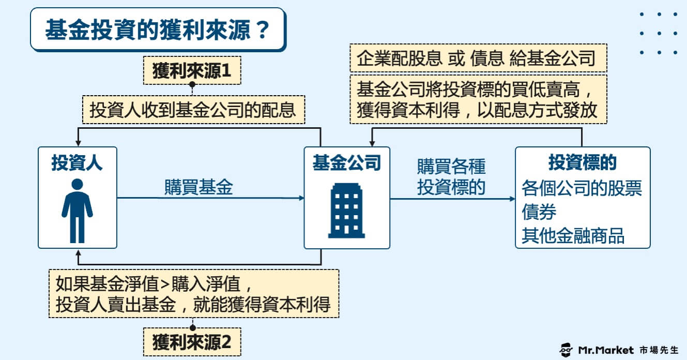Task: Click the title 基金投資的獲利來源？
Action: pyautogui.click(x=157, y=30)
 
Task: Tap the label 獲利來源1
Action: pyautogui.click(x=192, y=70)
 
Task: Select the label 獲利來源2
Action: pyautogui.click(x=192, y=342)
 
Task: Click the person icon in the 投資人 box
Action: pyautogui.click(x=78, y=211)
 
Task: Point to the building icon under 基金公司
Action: pyautogui.click(x=346, y=211)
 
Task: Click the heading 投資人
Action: pyautogui.click(x=77, y=162)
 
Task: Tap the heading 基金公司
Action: pyautogui.click(x=346, y=162)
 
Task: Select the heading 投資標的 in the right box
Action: pyautogui.click(x=583, y=162)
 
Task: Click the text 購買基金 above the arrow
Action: pyautogui.click(x=199, y=187)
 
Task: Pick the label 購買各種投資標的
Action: pyautogui.click(x=451, y=177)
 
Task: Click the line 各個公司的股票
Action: pyautogui.click(x=582, y=188)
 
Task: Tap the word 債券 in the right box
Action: pyautogui.click(x=539, y=212)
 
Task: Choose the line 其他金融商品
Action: pyautogui.click(x=573, y=236)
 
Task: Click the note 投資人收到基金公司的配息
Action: pyautogui.click(x=193, y=110)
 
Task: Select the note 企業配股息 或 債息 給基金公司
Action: pyautogui.click(x=476, y=58)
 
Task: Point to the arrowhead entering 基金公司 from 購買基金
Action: pyautogui.click(x=301, y=198)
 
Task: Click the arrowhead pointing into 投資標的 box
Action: pyautogui.click(x=512, y=199)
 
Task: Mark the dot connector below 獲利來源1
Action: pyautogui.click(x=192, y=84)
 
